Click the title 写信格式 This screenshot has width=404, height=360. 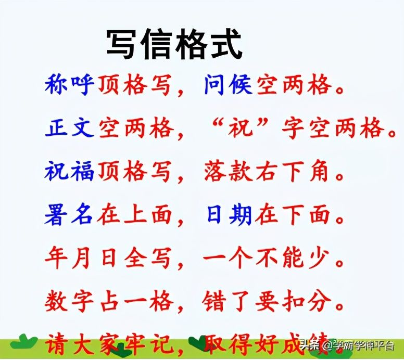coord(174,44)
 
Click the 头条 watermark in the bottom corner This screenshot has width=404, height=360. coord(310,345)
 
